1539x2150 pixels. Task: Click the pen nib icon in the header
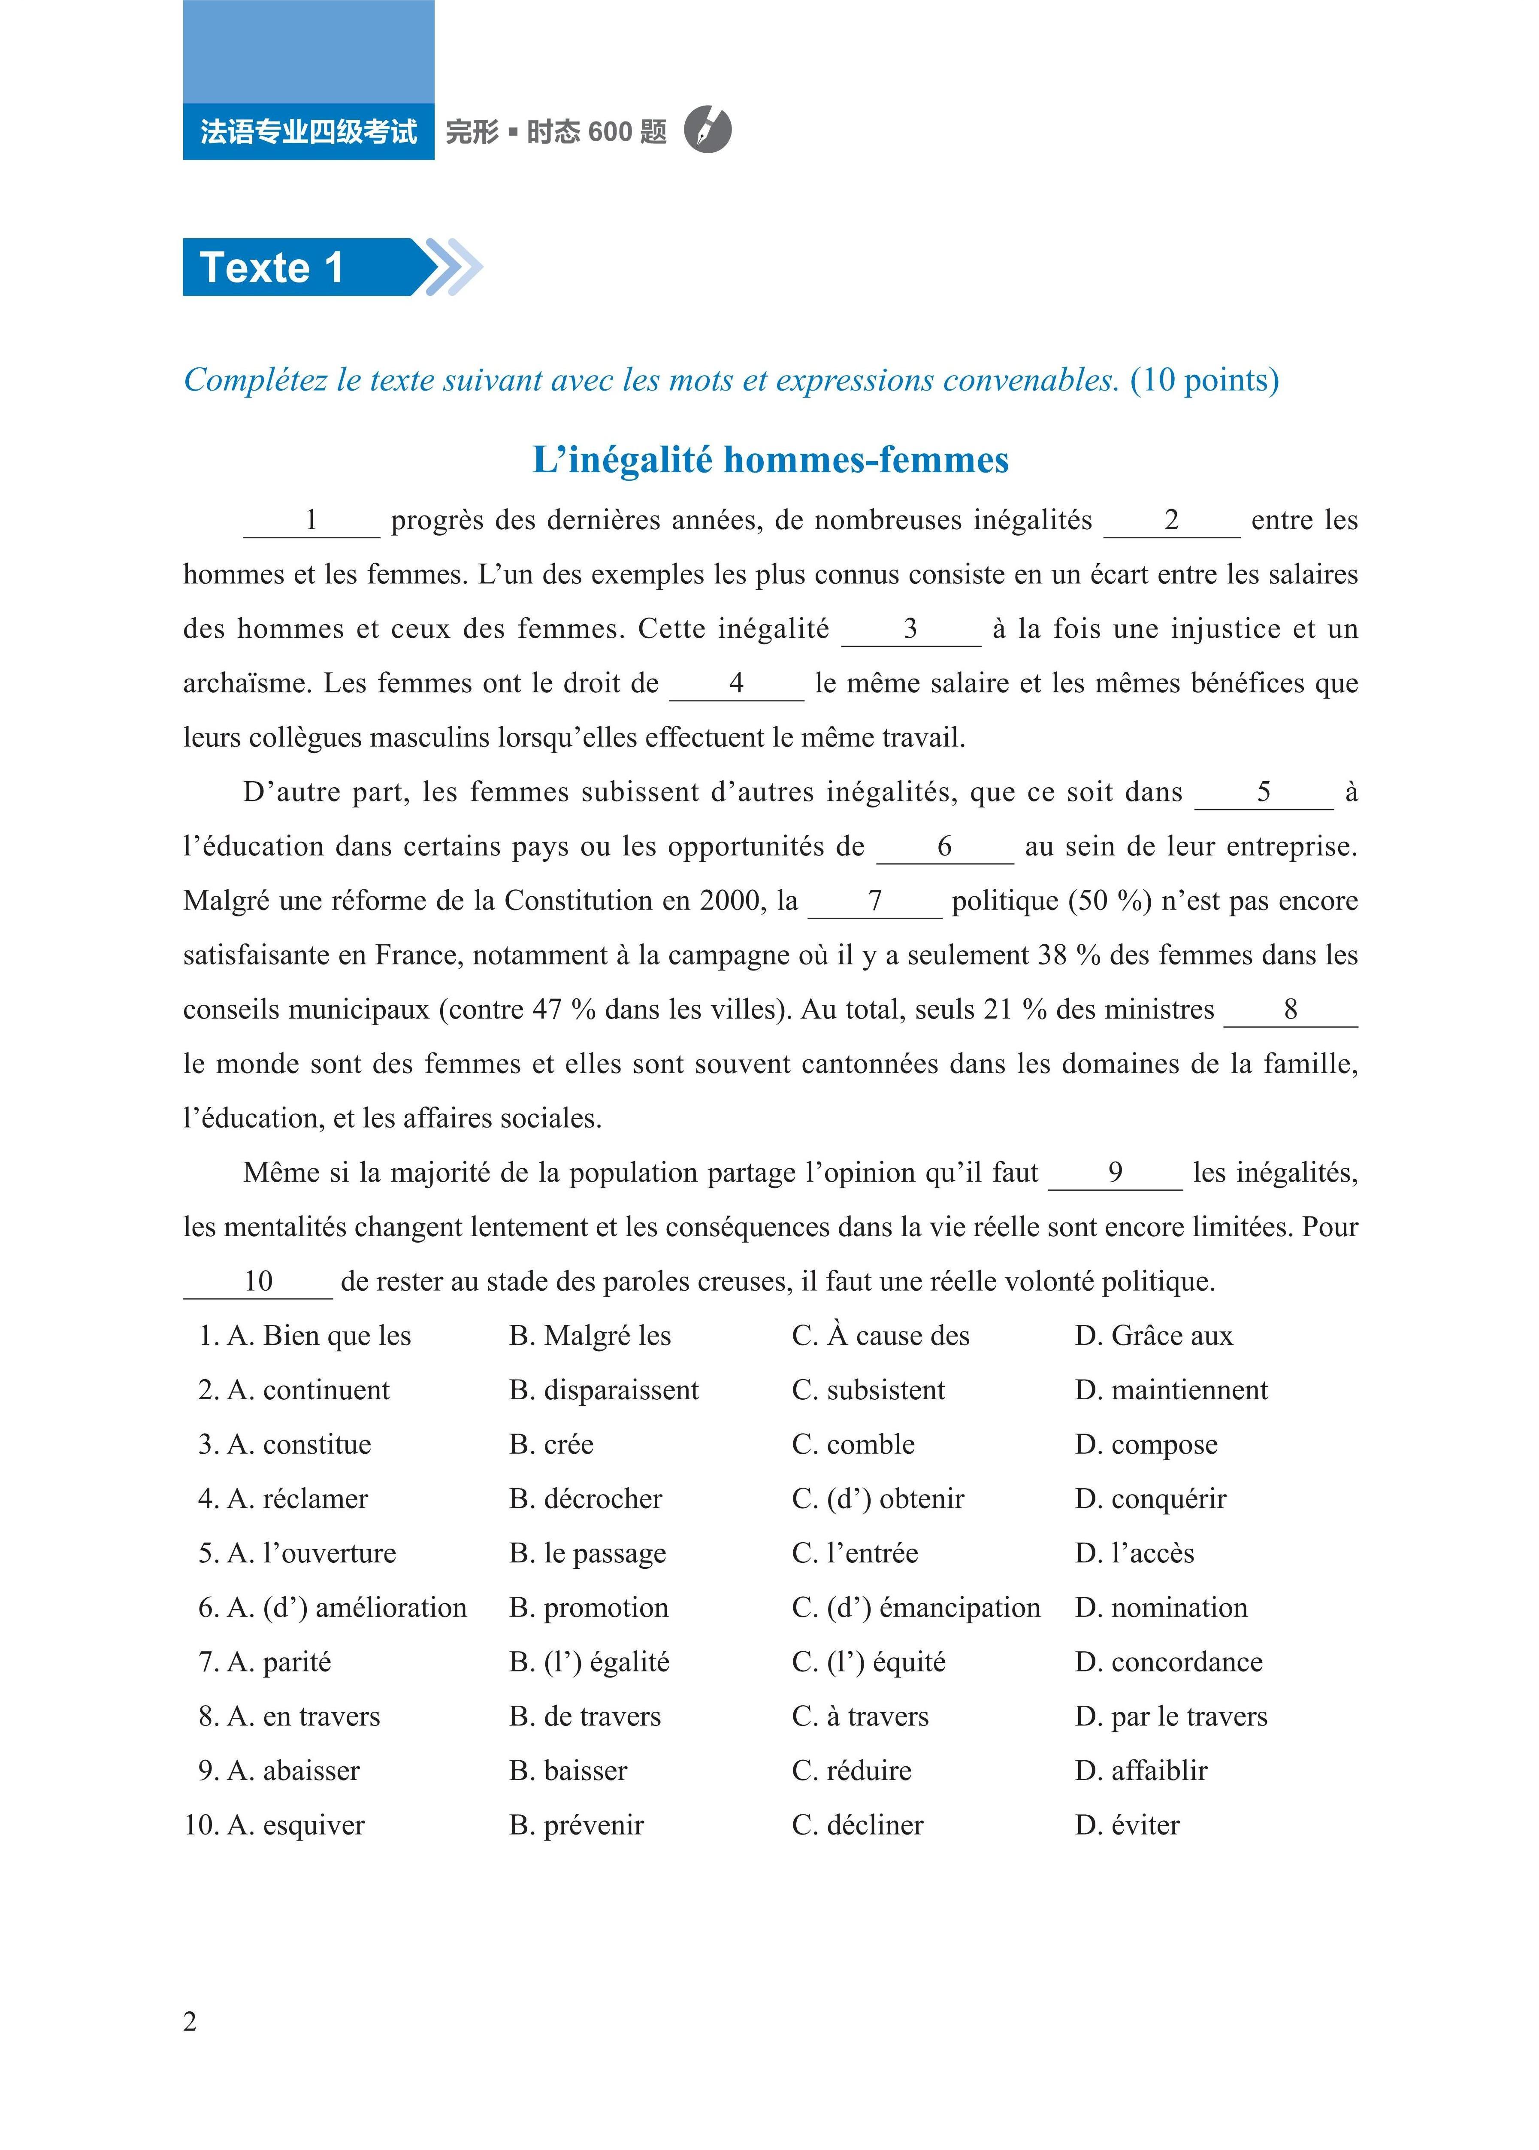pyautogui.click(x=707, y=130)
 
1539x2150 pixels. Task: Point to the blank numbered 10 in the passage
pyautogui.click(x=258, y=1283)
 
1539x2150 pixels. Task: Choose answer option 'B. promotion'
pyautogui.click(x=589, y=1608)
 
